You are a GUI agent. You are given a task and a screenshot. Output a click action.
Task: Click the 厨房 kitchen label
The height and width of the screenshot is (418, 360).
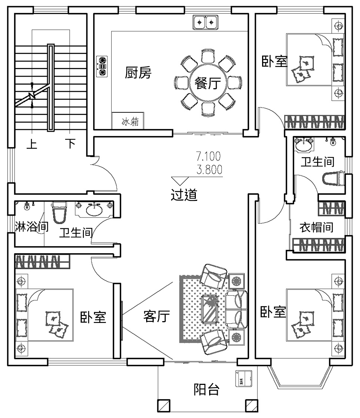138,73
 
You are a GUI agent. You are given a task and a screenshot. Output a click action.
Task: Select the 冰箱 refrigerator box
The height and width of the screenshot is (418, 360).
128,122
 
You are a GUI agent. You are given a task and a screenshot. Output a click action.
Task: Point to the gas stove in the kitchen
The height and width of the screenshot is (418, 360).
102,66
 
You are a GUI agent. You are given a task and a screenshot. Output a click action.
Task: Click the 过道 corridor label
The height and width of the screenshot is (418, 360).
184,195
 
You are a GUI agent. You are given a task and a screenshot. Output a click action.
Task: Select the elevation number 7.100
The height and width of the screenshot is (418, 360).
208,157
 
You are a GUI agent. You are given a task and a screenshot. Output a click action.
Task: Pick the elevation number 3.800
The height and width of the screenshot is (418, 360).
209,169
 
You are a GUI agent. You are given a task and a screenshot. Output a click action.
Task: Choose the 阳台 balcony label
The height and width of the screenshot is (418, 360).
207,389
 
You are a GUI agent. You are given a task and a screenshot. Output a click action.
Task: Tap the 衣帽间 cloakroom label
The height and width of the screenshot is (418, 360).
316,228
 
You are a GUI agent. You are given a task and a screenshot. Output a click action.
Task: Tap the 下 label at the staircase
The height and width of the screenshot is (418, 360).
70,144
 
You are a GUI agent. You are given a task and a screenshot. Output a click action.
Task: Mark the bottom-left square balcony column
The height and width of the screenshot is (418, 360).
164,405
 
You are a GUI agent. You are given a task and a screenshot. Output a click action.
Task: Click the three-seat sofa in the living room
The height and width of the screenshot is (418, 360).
237,309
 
